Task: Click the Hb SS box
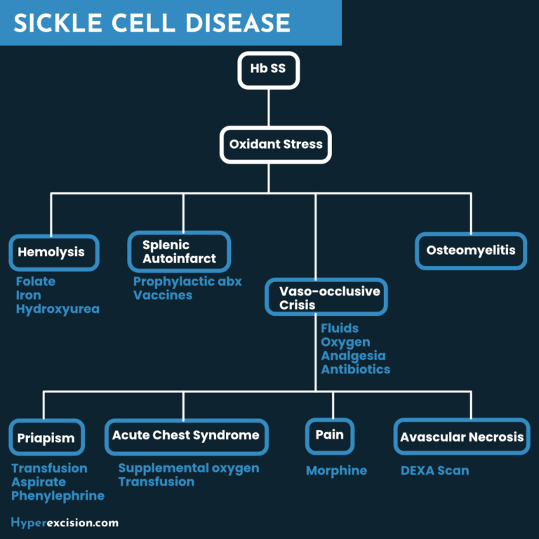(269, 70)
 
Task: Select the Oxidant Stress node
(276, 145)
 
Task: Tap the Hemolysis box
(54, 253)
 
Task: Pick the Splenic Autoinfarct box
(179, 252)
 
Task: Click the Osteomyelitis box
(471, 251)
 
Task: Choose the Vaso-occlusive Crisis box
(326, 297)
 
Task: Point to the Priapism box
(47, 437)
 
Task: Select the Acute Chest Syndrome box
(187, 437)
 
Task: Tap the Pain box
(330, 437)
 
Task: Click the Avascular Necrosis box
(462, 437)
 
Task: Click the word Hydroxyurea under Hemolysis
(58, 309)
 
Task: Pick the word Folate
(36, 281)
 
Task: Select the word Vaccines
(163, 295)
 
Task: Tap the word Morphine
(337, 471)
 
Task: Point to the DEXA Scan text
(435, 471)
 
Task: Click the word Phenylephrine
(58, 496)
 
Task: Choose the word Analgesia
(354, 356)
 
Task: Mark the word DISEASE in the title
(238, 23)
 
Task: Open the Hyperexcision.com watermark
(65, 523)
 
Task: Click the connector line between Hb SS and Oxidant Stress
(269, 107)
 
